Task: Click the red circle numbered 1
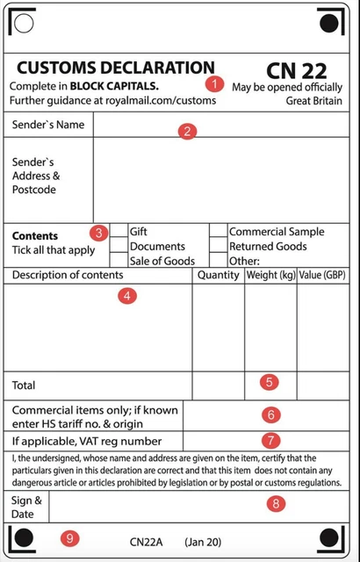(214, 84)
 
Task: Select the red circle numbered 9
(69, 538)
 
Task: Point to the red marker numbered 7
(270, 439)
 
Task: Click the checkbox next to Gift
(119, 232)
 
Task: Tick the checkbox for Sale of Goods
(119, 261)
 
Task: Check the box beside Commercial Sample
(218, 232)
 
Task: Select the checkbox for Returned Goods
(218, 247)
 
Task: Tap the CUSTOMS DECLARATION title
(115, 68)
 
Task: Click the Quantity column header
(219, 275)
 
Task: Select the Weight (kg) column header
(270, 275)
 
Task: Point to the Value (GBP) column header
(323, 275)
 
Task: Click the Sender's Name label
(48, 125)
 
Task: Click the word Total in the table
(25, 385)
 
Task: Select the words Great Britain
(313, 101)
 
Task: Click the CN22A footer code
(147, 542)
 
